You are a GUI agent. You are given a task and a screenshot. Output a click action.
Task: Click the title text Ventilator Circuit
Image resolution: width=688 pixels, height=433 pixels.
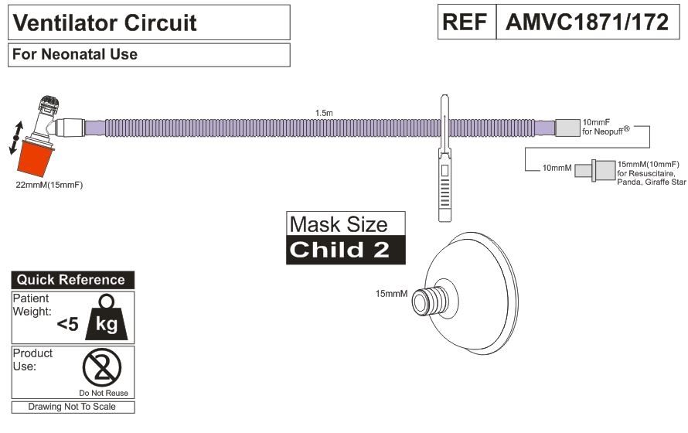coord(104,23)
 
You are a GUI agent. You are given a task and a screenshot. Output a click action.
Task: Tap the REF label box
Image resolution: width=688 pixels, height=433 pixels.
coord(467,22)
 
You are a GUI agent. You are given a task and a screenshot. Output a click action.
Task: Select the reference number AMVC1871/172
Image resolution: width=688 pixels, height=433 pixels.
coord(587,22)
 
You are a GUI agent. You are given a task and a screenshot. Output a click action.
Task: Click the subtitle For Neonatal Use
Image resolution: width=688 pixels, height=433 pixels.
coord(74,54)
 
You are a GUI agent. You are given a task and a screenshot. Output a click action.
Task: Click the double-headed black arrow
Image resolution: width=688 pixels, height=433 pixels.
coord(16,138)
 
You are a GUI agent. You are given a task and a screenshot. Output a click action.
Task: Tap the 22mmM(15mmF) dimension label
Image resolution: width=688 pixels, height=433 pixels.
coord(49,185)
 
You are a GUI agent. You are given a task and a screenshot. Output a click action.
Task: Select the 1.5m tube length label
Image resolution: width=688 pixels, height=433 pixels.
coord(324,113)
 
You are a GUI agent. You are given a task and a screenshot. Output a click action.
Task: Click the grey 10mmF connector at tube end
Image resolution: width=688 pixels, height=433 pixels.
coord(567,128)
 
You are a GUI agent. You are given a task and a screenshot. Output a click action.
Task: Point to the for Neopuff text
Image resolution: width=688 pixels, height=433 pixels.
coord(605,131)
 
